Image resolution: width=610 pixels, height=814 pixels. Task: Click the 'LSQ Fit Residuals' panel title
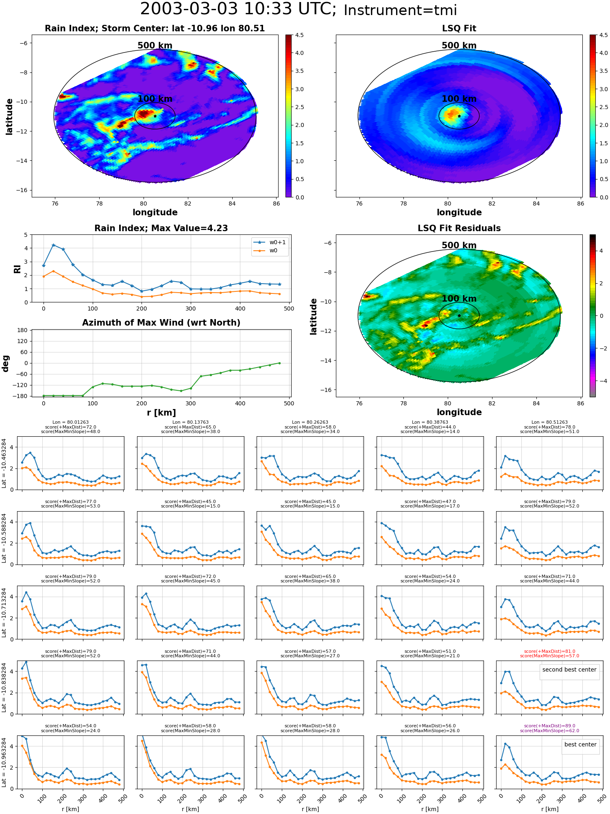click(459, 228)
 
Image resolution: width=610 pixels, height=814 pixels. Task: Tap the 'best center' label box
click(580, 744)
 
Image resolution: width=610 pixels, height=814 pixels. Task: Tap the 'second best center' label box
click(569, 670)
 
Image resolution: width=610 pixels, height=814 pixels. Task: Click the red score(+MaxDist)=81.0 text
click(549, 651)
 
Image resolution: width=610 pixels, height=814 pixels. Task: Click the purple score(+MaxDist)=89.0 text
click(549, 726)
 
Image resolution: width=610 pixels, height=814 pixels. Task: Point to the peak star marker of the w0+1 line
click(53, 245)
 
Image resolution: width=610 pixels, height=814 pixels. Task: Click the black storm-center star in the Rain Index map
click(155, 116)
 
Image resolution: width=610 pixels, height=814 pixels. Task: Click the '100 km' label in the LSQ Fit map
click(459, 99)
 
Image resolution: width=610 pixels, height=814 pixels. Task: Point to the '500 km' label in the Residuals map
click(459, 245)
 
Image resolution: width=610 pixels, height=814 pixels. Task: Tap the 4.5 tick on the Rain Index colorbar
click(299, 35)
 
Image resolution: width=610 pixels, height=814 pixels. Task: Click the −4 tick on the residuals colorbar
click(600, 381)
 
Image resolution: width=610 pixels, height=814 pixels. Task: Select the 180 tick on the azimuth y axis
click(23, 330)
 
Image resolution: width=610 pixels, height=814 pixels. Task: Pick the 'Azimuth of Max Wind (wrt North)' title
click(161, 323)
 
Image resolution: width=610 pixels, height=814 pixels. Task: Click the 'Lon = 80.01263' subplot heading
click(70, 422)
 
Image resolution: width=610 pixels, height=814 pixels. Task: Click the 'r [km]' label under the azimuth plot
click(161, 413)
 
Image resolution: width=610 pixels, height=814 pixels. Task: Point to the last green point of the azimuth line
click(279, 363)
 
